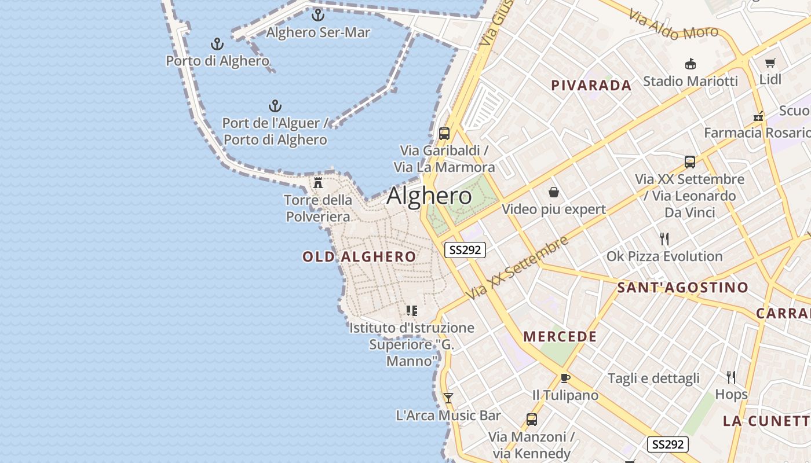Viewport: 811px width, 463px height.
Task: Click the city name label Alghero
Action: click(x=429, y=196)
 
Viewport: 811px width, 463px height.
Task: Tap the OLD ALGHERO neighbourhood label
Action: click(x=359, y=256)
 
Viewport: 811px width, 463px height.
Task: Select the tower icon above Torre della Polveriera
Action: click(x=318, y=183)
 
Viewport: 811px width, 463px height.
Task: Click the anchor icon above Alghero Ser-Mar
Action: click(x=317, y=15)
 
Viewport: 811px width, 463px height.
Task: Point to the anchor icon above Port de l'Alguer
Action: click(x=275, y=106)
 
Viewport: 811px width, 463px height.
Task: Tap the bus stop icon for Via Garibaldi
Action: click(x=444, y=134)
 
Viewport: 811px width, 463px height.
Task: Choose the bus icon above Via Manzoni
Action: click(x=531, y=420)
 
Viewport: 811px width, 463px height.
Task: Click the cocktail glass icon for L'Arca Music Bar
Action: click(x=448, y=398)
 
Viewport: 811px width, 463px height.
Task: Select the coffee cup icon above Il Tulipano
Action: click(x=565, y=378)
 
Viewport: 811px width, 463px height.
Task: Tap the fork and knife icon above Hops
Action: click(x=731, y=377)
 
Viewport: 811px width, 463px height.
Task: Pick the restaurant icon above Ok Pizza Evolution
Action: click(x=664, y=238)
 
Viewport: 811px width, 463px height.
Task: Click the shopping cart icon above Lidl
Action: click(x=770, y=63)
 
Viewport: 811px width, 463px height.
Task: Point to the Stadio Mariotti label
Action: click(x=691, y=81)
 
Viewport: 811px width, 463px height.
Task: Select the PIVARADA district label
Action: click(x=591, y=86)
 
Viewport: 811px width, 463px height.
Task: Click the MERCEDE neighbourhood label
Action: click(x=560, y=336)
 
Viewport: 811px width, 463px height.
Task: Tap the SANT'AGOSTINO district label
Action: click(x=682, y=287)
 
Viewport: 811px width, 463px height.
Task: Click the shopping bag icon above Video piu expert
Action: click(x=554, y=192)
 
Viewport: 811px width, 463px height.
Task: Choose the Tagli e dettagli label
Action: click(x=653, y=379)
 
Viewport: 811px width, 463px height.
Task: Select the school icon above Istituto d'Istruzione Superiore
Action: click(x=412, y=311)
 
